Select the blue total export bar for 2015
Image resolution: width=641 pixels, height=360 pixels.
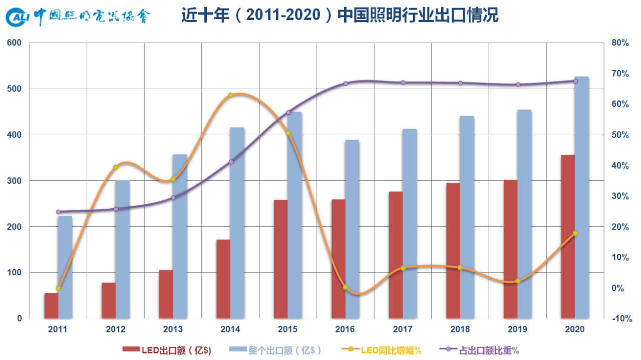pyautogui.click(x=295, y=215)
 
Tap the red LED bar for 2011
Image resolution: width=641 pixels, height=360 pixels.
pyautogui.click(x=51, y=305)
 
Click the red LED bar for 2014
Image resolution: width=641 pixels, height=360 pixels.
pyautogui.click(x=223, y=279)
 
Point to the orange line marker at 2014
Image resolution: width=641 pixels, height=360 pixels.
pyautogui.click(x=231, y=95)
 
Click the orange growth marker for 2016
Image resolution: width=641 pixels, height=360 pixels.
pyautogui.click(x=346, y=287)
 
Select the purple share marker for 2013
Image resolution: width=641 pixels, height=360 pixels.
pyautogui.click(x=173, y=198)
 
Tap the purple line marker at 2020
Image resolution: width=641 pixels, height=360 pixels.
pyautogui.click(x=575, y=81)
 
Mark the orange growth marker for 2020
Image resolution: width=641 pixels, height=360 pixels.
pyautogui.click(x=575, y=233)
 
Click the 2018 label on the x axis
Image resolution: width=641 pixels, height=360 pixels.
pyautogui.click(x=460, y=329)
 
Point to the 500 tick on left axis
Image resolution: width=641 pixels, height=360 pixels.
pyautogui.click(x=15, y=89)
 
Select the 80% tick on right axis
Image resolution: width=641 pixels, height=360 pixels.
pyautogui.click(x=620, y=43)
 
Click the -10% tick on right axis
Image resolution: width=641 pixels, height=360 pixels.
pyautogui.click(x=620, y=318)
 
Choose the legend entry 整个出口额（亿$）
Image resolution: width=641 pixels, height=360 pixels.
pyautogui.click(x=275, y=350)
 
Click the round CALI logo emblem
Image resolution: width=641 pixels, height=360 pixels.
pyautogui.click(x=18, y=18)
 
